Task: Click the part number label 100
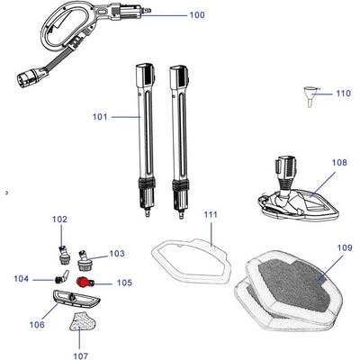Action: [197, 15]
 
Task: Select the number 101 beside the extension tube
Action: [100, 117]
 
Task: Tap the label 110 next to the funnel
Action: [343, 94]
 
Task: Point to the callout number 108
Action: [339, 163]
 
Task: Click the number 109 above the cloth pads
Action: [345, 247]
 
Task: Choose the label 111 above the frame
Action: [211, 215]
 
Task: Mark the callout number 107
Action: [81, 355]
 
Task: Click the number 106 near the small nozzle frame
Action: [37, 325]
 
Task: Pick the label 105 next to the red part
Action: [124, 283]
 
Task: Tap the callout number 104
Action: [21, 279]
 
